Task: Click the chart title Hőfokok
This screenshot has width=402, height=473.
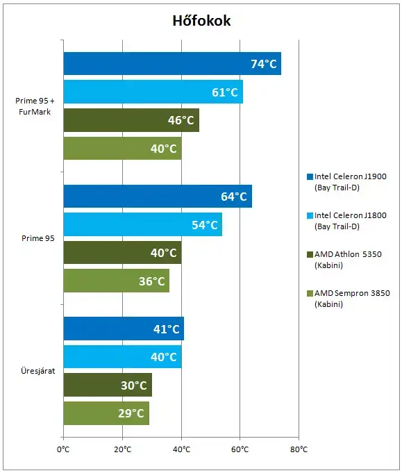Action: tap(201, 21)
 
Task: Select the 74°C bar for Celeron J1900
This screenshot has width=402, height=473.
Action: tap(172, 64)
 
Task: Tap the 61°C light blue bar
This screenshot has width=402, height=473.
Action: tap(153, 92)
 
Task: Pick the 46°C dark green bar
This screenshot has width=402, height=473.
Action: tap(131, 120)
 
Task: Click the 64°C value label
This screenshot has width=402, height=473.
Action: tap(234, 197)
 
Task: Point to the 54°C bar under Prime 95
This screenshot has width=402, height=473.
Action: tap(142, 224)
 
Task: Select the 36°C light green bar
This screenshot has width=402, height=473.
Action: tap(117, 281)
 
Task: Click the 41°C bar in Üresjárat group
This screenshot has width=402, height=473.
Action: tap(124, 329)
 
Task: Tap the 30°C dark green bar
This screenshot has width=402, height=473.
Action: tap(108, 385)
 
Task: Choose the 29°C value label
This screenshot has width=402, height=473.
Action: tap(131, 413)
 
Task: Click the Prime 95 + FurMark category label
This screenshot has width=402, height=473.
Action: tap(35, 106)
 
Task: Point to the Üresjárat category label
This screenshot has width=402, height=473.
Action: tap(38, 371)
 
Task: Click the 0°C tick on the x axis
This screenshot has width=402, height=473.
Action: tap(63, 449)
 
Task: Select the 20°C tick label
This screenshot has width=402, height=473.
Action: tap(122, 449)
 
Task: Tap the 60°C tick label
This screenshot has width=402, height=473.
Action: tap(240, 449)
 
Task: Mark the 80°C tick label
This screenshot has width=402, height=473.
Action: tap(299, 449)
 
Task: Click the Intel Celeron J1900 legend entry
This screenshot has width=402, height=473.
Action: tap(346, 182)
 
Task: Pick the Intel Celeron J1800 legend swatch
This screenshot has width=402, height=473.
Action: tap(310, 216)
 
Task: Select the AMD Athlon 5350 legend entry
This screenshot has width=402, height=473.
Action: tap(344, 260)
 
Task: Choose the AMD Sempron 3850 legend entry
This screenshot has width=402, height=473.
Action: tap(349, 299)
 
